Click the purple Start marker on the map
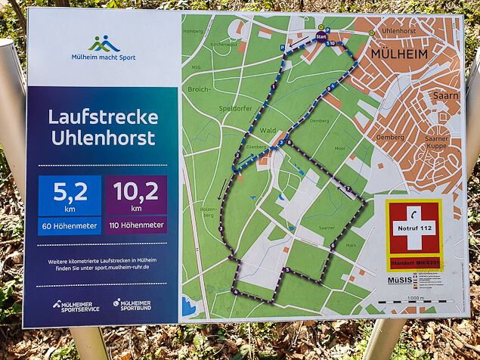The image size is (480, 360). point(321,36)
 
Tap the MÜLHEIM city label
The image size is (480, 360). point(398,54)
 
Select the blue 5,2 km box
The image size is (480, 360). point(69,195)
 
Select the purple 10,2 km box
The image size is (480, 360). point(136,195)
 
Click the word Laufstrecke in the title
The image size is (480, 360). point(103,117)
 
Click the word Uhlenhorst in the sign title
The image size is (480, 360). point(103,138)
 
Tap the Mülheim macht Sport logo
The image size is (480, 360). point(104,47)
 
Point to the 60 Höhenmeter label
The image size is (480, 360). point(69,225)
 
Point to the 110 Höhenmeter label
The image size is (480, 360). point(136,225)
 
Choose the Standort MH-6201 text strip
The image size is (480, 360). point(413,263)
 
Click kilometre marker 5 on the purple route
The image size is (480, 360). point(286,270)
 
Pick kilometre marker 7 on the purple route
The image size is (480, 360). point(348,188)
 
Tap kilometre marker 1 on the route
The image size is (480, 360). point(273,88)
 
